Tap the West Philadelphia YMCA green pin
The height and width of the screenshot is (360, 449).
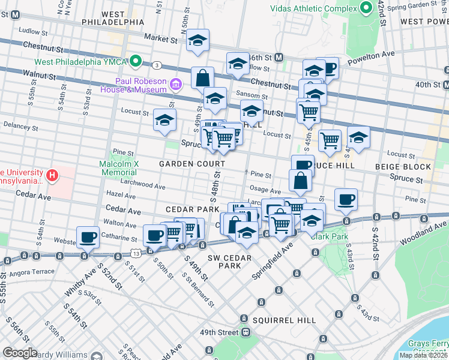[136, 61]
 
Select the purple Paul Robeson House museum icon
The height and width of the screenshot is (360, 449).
[175, 83]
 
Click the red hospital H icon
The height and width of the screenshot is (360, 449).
[53, 176]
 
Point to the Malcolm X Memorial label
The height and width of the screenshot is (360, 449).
[119, 167]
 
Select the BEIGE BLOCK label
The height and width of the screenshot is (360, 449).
[403, 167]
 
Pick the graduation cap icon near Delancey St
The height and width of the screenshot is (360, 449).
[164, 119]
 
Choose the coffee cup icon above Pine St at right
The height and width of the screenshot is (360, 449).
[345, 199]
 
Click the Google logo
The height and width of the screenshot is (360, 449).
[20, 353]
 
